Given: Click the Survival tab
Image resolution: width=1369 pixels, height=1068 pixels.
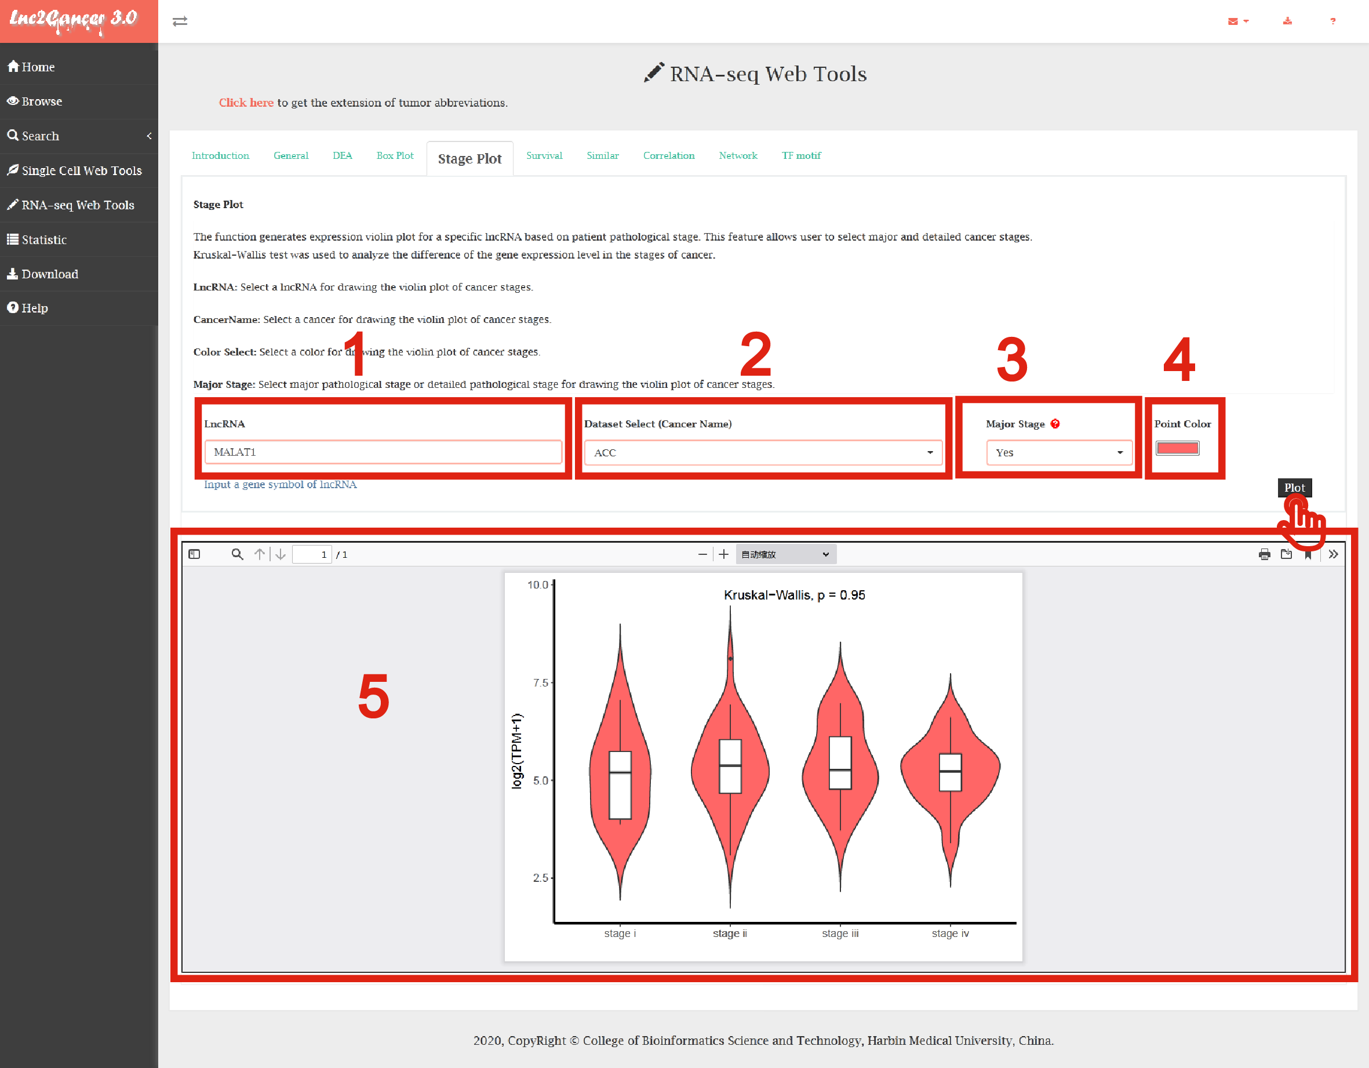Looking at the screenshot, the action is pos(544,155).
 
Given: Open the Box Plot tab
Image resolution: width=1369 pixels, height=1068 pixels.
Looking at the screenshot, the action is pos(395,155).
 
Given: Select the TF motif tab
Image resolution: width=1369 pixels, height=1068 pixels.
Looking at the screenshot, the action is pos(801,155).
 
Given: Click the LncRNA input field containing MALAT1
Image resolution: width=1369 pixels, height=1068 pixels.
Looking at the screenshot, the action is pos(383,452).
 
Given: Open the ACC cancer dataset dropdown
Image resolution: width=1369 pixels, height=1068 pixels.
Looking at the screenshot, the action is pos(763,452).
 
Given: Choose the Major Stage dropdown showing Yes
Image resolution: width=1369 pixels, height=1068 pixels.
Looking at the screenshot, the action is pos(1059,452).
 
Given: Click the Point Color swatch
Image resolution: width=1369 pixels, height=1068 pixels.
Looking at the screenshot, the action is pos(1177,448).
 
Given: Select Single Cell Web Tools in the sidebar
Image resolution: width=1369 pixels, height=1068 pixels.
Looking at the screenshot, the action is pos(75,170).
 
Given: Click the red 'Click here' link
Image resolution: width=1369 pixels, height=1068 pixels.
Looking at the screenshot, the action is pos(246,102).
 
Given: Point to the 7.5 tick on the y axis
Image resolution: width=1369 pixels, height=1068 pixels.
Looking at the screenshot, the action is pos(540,682).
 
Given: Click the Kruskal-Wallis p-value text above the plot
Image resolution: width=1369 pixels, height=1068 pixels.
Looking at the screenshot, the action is pos(794,594).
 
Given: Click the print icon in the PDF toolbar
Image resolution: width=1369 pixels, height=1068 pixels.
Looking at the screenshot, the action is pos(1264,554).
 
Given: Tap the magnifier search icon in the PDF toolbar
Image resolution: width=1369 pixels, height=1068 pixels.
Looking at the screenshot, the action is pos(237,554).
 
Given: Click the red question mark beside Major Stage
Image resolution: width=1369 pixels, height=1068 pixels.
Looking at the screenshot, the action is pos(1055,423).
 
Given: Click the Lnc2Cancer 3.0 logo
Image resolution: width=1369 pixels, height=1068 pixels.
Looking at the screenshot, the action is pos(74,20).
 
